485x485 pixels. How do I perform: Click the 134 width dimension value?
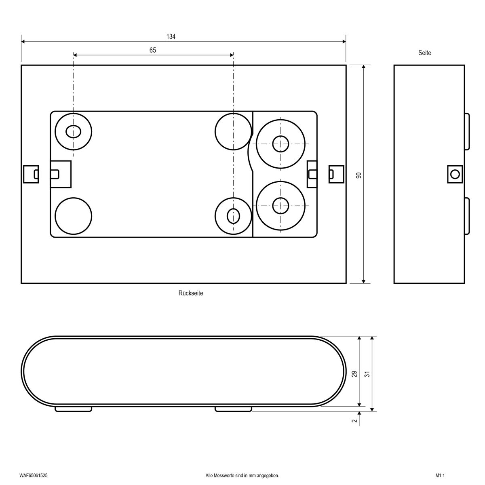pos(171,37)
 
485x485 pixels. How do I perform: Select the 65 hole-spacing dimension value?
pos(153,50)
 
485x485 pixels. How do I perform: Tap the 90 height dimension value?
pos(358,175)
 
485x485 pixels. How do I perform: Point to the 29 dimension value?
pos(354,374)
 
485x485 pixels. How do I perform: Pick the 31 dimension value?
pos(367,374)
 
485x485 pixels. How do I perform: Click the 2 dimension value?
pos(354,421)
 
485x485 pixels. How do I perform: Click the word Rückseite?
pos(191,293)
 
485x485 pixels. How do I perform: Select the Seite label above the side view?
pos(425,53)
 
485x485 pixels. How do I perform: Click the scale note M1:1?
pos(440,476)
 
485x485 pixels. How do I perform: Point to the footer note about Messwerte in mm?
pos(242,476)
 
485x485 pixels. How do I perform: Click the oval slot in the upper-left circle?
pos(73,131)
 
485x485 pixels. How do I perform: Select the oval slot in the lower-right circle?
pos(233,216)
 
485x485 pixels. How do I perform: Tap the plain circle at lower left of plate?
pos(73,216)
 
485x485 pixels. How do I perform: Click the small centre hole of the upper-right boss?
pos(280,144)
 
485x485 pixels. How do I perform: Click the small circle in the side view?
pos(455,174)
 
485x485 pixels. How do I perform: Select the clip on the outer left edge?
pos(31,174)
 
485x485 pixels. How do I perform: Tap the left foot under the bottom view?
pos(73,409)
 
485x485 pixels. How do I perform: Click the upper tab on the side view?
pos(467,131)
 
